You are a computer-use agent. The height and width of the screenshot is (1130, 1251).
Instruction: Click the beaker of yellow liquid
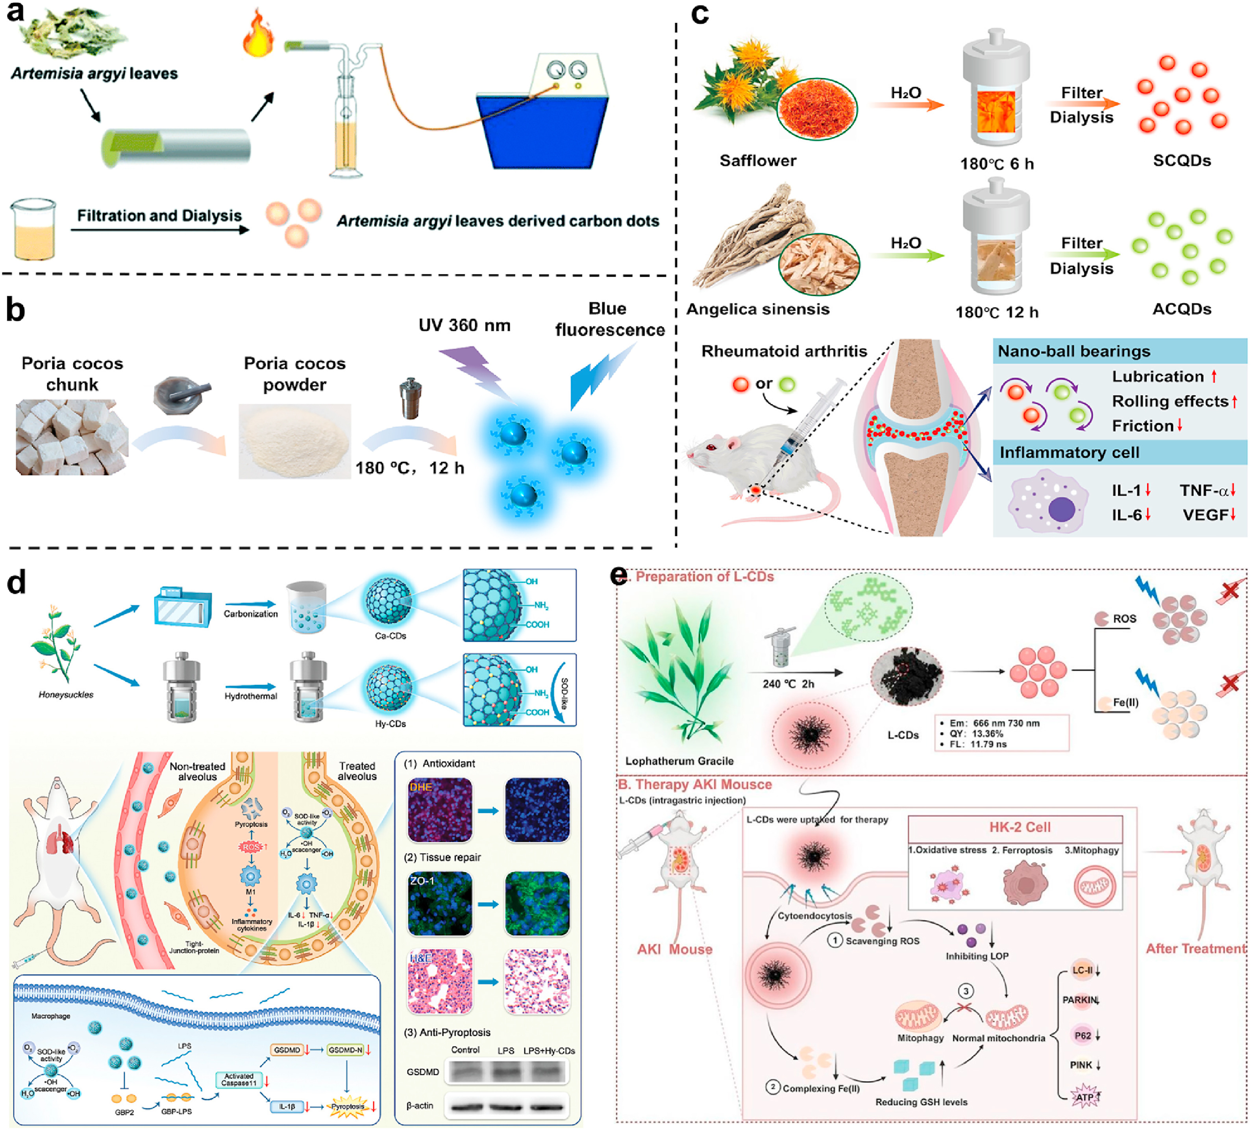[x=33, y=230]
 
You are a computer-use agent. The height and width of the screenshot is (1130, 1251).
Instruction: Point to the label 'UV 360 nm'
[x=464, y=325]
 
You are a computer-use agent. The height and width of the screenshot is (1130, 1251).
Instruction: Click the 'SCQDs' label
[x=1181, y=161]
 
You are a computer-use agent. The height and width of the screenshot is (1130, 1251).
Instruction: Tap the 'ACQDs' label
[x=1181, y=309]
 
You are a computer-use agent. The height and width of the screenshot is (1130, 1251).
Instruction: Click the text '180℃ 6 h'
[x=997, y=164]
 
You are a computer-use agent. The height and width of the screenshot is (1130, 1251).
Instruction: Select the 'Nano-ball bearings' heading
[x=1073, y=351]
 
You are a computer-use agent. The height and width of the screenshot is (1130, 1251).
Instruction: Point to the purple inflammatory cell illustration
[x=1049, y=503]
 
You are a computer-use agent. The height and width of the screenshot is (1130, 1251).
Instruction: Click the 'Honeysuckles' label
[x=66, y=695]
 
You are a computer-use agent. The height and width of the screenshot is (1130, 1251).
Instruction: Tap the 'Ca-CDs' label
[x=390, y=635]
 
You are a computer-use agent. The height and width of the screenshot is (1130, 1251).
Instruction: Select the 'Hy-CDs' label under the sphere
[x=390, y=724]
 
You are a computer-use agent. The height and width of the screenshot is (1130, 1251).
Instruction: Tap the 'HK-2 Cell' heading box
[x=1020, y=827]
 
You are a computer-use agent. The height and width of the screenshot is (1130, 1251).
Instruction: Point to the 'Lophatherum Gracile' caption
[x=679, y=761]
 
